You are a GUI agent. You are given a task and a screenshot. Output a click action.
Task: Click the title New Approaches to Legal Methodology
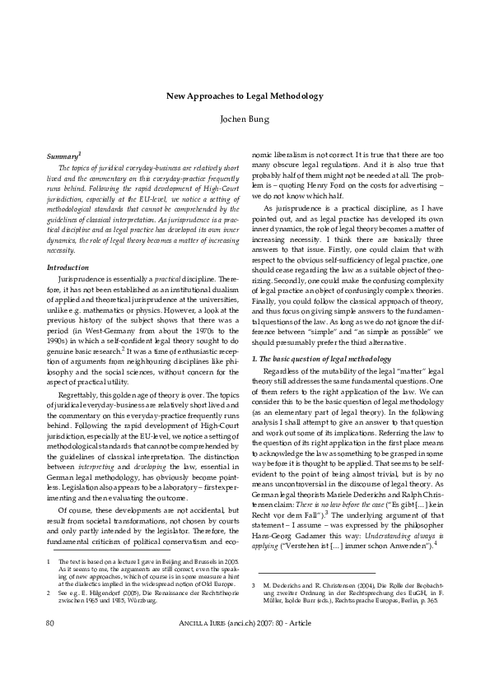pos(245,96)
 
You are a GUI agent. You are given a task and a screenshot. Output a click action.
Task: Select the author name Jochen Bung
pos(245,119)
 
